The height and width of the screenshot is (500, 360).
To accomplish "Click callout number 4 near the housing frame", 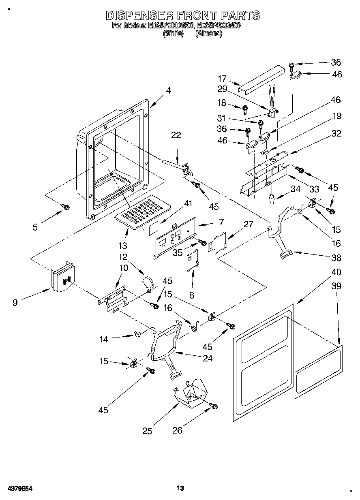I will click(x=168, y=91).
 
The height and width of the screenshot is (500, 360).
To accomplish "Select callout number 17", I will click(x=222, y=79).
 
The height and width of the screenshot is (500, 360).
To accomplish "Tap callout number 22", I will click(x=176, y=136).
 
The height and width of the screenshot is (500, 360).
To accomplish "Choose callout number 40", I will click(x=336, y=272).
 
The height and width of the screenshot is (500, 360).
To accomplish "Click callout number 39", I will click(x=336, y=286).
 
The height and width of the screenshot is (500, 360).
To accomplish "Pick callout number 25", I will click(x=147, y=431).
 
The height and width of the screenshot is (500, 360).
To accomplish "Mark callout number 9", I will click(x=15, y=302).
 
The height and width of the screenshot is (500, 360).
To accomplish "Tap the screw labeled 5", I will click(x=65, y=207).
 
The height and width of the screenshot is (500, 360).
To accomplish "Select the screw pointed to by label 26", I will click(x=213, y=406).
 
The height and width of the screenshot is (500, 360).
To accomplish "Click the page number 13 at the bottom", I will click(x=180, y=488).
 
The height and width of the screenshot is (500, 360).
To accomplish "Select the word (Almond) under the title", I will click(x=208, y=34).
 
